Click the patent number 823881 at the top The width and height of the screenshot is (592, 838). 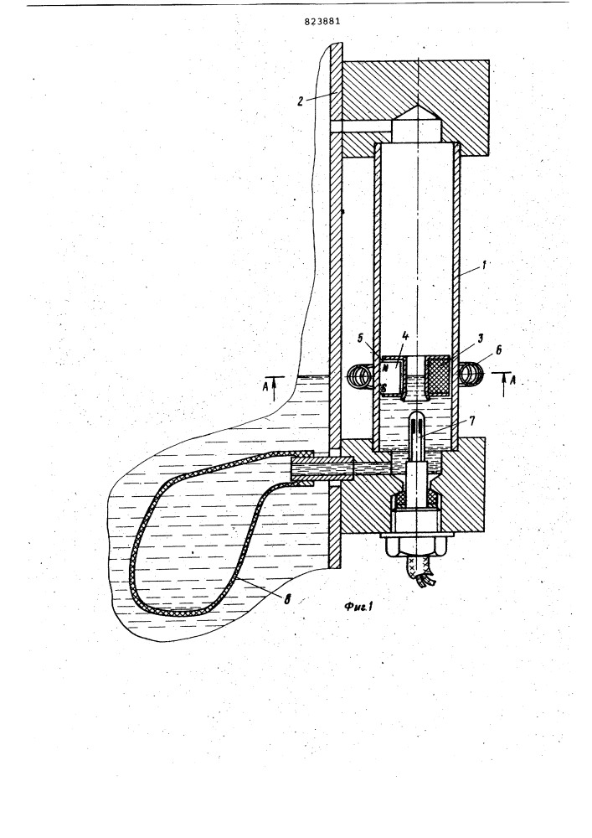click(x=322, y=22)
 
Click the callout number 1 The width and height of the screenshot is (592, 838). click(x=485, y=263)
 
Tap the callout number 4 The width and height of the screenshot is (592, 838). click(x=406, y=336)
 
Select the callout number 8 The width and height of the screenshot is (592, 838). click(x=287, y=599)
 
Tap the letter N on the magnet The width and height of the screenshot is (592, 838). click(x=384, y=368)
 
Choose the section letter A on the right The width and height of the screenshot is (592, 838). click(x=513, y=380)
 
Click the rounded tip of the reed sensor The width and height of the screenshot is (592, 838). click(x=417, y=416)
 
